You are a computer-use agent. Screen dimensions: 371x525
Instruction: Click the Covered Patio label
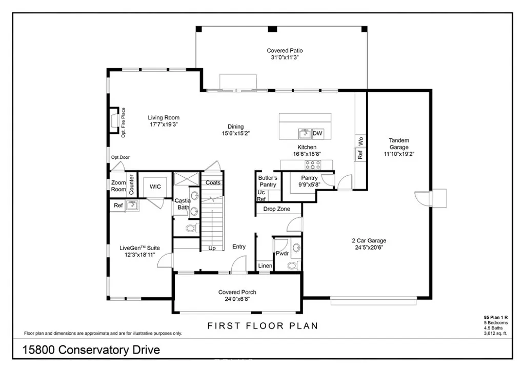point(285,51)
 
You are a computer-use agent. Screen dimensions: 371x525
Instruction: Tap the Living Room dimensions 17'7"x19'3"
point(164,125)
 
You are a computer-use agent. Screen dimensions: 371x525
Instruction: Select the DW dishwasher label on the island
point(317,134)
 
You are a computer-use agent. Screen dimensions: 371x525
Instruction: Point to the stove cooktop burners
point(313,164)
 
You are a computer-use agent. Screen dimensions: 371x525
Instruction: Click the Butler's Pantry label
point(268,181)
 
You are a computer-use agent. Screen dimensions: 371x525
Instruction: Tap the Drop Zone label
point(276,209)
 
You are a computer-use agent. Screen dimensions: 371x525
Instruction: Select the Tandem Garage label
point(398,144)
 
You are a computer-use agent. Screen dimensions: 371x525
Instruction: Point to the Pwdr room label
point(282,253)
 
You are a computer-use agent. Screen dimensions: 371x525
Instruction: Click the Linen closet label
point(265,266)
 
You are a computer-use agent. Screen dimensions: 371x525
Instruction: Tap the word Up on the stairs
point(212,248)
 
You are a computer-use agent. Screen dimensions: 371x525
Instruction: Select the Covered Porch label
point(237,292)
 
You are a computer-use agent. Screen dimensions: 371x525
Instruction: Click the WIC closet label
point(155,187)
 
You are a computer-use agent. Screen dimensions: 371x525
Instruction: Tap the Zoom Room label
point(118,186)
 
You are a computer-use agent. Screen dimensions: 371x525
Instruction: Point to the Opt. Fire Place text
point(124,122)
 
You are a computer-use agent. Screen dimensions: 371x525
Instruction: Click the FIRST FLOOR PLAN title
point(262,325)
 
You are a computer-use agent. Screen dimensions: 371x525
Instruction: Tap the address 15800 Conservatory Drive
point(92,351)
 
